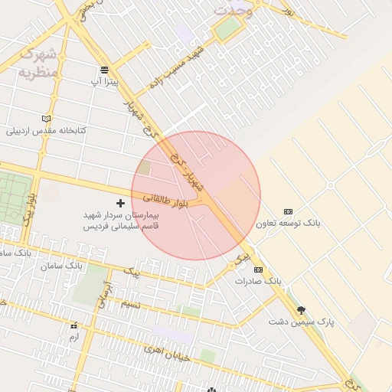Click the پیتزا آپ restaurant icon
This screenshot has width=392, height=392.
point(104,69)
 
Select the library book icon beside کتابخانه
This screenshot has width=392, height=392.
point(47,119)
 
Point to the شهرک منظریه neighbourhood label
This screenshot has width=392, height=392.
point(37,64)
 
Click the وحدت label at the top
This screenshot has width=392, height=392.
point(233,10)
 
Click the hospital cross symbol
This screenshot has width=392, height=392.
point(120,203)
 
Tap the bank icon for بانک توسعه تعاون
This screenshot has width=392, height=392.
point(288,211)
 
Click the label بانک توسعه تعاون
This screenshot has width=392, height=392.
point(288,224)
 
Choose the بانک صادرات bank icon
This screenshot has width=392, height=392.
point(258,269)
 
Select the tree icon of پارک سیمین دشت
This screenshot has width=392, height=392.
point(301,309)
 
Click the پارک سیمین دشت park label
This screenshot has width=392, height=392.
point(301,322)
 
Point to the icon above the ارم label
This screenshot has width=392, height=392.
point(73,325)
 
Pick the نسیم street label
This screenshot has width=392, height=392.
point(131,304)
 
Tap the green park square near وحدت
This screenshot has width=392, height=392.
point(227,29)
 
